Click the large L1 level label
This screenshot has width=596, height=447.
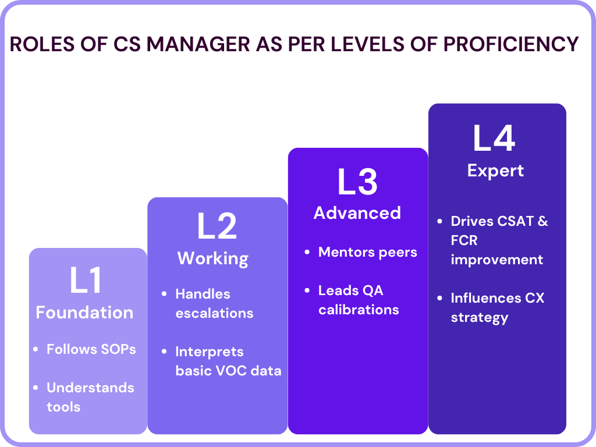click(x=86, y=280)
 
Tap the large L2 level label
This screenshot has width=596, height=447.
click(x=217, y=226)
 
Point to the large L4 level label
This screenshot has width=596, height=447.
click(x=495, y=139)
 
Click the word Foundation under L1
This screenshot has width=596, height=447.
click(x=84, y=313)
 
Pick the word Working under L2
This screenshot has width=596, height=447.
click(x=213, y=258)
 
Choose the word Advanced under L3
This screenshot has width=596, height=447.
click(x=357, y=213)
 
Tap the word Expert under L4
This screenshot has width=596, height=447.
click(x=495, y=171)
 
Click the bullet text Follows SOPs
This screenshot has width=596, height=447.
click(x=91, y=349)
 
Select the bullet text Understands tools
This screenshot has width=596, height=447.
click(x=90, y=397)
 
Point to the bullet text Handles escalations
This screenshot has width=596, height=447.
click(x=214, y=303)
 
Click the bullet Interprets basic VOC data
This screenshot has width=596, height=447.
click(x=228, y=361)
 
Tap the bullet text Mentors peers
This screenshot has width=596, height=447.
click(x=368, y=252)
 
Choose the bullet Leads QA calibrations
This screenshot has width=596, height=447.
click(x=359, y=300)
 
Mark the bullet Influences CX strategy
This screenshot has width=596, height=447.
click(x=497, y=307)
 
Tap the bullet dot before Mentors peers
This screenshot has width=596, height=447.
click(x=307, y=253)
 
